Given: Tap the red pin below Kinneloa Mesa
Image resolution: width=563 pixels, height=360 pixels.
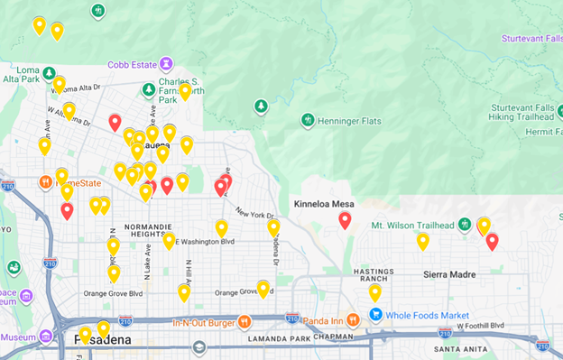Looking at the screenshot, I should tap(345, 220).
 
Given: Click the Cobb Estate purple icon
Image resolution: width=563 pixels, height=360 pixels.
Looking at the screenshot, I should tap(167, 63).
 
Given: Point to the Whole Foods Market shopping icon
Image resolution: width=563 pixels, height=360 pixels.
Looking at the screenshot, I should tap(375, 315).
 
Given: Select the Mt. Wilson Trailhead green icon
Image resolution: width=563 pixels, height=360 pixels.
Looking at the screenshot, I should tap(465, 224).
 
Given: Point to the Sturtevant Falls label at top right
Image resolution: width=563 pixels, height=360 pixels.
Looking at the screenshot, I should tap(531, 38).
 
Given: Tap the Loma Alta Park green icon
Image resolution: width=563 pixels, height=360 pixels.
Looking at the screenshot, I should tap(49, 73).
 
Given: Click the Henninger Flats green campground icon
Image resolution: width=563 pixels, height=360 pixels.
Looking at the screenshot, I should tap(307, 120).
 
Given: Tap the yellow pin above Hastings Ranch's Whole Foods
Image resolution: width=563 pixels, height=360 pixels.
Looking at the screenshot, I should tap(374, 291).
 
